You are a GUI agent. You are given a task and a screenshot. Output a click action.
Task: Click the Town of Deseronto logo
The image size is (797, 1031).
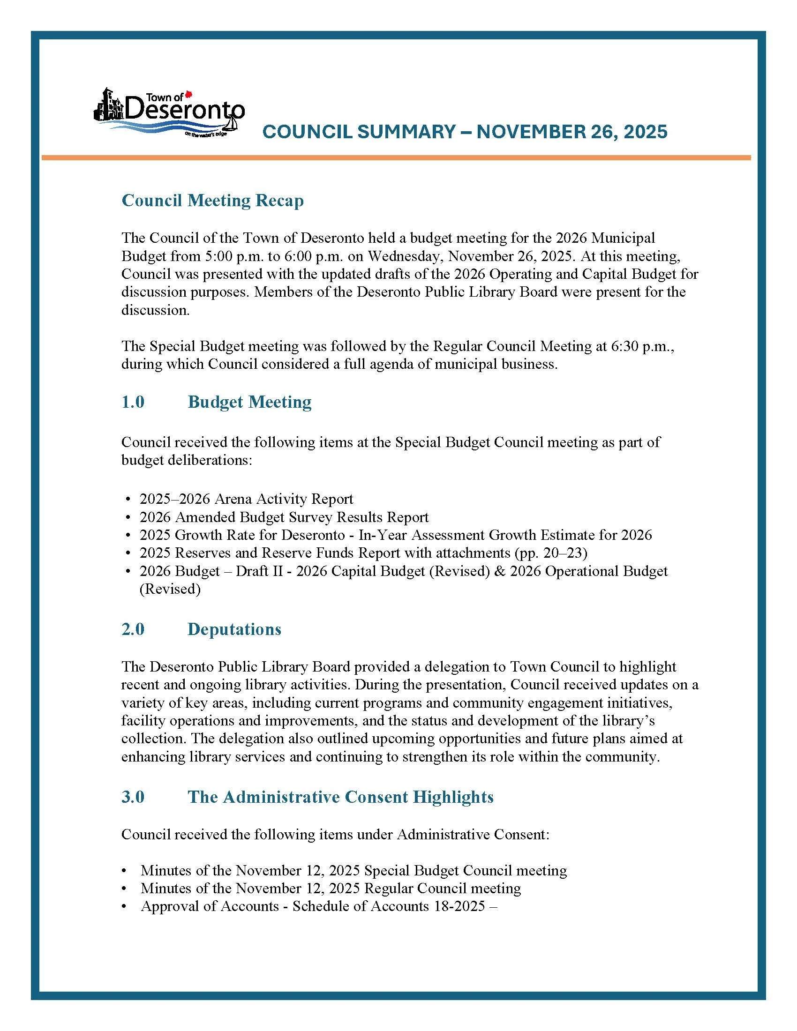[169, 112]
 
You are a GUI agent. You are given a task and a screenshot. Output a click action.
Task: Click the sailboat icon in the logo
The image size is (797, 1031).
[231, 124]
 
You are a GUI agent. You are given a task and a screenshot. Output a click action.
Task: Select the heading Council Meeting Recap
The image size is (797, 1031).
[212, 201]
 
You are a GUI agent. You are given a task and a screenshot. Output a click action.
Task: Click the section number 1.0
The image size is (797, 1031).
[133, 402]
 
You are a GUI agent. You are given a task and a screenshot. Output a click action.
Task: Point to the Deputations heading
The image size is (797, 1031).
[234, 629]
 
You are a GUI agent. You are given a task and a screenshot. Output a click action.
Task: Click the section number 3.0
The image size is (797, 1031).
[133, 797]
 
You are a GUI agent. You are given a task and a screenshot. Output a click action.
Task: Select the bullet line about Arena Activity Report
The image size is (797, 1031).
[246, 499]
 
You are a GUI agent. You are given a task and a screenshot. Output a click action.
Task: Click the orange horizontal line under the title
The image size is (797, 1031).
[396, 157]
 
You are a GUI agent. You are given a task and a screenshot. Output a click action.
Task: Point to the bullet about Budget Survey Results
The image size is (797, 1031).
[284, 517]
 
